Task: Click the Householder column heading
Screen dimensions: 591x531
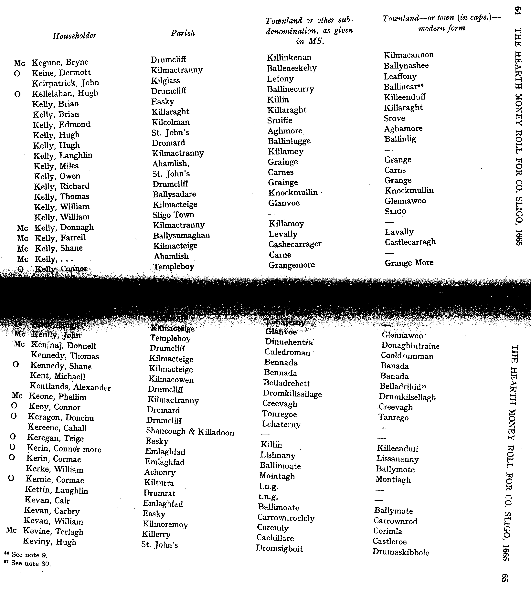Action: [x=74, y=36]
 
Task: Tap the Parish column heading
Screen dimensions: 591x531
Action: [x=183, y=33]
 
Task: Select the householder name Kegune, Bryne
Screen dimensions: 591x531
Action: [x=60, y=62]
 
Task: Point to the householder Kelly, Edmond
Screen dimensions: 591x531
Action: [x=62, y=125]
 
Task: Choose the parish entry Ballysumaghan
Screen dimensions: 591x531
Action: [x=181, y=235]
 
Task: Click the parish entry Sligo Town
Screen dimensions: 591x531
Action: [x=173, y=215]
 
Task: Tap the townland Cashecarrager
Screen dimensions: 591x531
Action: [x=295, y=244]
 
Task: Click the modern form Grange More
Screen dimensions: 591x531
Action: [x=409, y=263]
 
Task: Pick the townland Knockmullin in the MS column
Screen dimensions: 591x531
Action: [x=293, y=193]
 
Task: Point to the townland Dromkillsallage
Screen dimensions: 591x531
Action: [x=292, y=394]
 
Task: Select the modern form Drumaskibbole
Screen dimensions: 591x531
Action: [x=401, y=552]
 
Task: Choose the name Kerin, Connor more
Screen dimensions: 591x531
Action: [x=64, y=449]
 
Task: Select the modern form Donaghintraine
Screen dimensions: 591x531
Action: [x=410, y=346]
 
